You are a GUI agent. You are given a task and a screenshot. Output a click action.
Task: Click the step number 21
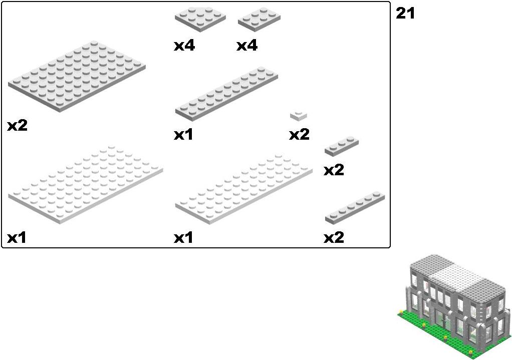coord(405,13)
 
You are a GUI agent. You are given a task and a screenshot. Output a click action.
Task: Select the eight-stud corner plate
coord(200,19)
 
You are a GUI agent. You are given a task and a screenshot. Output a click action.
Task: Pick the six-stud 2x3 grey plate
coord(260,19)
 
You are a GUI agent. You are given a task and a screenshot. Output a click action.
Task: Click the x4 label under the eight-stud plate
coord(184,46)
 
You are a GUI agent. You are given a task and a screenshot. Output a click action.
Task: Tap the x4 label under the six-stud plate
coord(247,46)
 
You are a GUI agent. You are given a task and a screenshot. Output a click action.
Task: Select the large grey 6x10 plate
coord(77,77)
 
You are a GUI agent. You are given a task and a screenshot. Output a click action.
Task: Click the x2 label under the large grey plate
coord(18,126)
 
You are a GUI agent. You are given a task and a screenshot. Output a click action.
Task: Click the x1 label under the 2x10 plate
coord(183,135)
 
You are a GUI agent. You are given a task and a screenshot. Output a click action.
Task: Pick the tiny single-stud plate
coord(299,116)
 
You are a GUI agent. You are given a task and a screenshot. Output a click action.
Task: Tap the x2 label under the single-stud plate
coord(299,135)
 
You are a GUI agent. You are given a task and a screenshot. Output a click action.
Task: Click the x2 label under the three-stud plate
coord(334,170)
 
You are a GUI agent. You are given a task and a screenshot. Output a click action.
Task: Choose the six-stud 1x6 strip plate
coord(355,208)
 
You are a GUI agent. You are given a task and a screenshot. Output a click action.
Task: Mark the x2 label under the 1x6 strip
coord(334,238)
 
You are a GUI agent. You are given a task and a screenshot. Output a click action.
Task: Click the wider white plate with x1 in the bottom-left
coord(86,184)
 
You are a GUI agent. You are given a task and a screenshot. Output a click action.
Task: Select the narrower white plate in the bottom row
coord(244,188)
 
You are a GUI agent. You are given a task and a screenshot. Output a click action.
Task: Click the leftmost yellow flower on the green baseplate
coord(401,312)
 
